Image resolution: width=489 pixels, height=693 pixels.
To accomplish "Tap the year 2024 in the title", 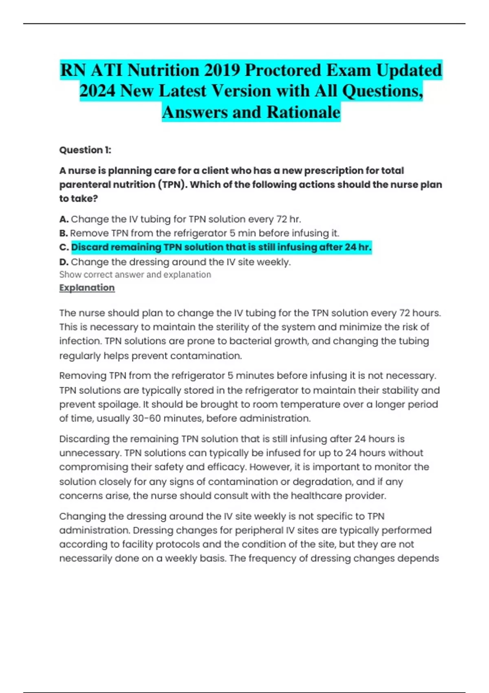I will coord(97,91).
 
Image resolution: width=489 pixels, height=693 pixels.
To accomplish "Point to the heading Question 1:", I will coord(85,150).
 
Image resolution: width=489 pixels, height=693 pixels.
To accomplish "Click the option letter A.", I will coord(63,219).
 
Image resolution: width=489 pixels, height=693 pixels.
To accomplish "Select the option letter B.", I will coord(63,234).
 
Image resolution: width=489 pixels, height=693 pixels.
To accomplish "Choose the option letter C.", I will coord(64,247).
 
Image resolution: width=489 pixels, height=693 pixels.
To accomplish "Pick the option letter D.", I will coord(64,262).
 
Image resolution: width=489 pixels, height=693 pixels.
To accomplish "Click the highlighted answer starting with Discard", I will coord(221,247).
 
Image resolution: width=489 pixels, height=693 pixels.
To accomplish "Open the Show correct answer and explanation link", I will coord(135,275).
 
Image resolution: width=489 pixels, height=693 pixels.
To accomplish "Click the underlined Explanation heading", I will coord(87,288).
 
